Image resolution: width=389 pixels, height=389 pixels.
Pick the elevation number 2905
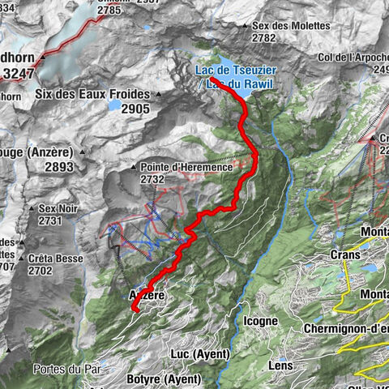(135, 109)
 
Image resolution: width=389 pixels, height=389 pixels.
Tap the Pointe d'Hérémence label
(190, 166)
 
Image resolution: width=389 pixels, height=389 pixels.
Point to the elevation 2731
(50, 220)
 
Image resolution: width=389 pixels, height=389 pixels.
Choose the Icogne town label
(262, 321)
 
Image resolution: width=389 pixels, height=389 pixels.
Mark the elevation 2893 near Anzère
(26, 167)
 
